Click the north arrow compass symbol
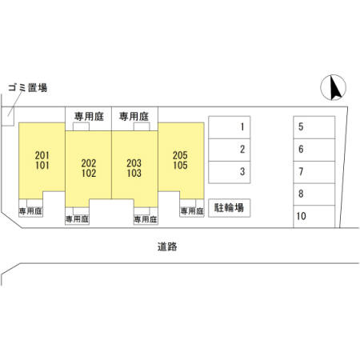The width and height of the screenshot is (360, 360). [x=334, y=87]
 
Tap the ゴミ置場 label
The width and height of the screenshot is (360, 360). [x=28, y=87]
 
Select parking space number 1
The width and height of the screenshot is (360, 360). [x=230, y=127]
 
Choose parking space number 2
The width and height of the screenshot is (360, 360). [x=230, y=150]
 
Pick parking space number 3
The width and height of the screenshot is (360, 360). [x=230, y=172]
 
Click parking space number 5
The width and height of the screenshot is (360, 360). [x=314, y=127]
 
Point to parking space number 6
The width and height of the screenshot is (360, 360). [x=314, y=150]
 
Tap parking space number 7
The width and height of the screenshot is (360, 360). [x=314, y=172]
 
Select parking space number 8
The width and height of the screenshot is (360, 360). [x=314, y=194]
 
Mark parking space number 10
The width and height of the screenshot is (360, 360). [x=314, y=216]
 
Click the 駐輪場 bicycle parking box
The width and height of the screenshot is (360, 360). [x=230, y=208]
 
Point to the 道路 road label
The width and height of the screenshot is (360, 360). [x=167, y=246]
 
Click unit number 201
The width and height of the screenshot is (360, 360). [x=42, y=155]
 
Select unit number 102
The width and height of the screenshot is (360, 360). [x=89, y=173]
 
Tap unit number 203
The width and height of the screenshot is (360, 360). [x=134, y=163]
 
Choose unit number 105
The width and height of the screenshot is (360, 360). [x=180, y=166]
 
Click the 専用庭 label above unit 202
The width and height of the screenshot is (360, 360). [x=89, y=117]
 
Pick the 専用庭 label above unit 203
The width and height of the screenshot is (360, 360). [x=134, y=117]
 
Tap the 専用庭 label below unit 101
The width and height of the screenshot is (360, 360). [x=30, y=211]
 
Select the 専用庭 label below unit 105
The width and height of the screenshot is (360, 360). [x=192, y=211]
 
